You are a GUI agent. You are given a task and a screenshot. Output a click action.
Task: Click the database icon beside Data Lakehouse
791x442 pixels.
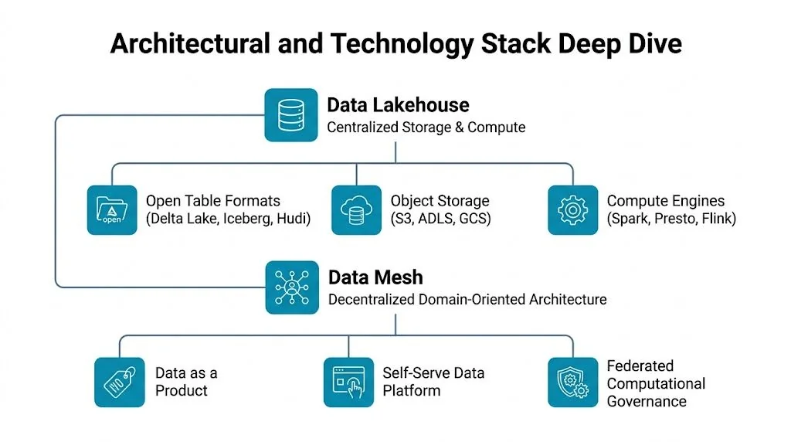pos(291,115)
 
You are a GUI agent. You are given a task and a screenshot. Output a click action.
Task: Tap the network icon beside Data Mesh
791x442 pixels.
pos(291,287)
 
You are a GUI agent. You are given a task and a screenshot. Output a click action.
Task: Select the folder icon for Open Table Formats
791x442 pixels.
pos(113,209)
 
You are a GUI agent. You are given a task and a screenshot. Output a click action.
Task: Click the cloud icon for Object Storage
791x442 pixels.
pos(357,209)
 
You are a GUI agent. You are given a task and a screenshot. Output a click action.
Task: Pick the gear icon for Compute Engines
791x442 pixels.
pos(573,209)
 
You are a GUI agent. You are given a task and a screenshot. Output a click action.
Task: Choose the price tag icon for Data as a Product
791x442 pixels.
pos(120,382)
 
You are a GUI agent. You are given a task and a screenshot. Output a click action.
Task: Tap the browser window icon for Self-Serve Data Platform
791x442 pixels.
pos(348,382)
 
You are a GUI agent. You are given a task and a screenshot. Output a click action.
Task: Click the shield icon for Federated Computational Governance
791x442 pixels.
pos(573,382)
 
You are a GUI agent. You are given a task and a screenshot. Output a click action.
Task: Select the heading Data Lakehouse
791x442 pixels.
pos(398,105)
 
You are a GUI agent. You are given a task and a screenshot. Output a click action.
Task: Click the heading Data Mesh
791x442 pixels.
pos(375,277)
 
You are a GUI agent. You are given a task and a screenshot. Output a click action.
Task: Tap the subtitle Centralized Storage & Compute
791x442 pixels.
pos(426,127)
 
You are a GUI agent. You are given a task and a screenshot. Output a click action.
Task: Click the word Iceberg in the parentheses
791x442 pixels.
pos(246,219)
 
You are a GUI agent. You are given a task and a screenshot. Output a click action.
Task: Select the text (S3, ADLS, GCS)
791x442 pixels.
pos(440,219)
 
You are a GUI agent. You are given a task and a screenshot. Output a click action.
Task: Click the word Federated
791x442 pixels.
pos(640,365)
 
